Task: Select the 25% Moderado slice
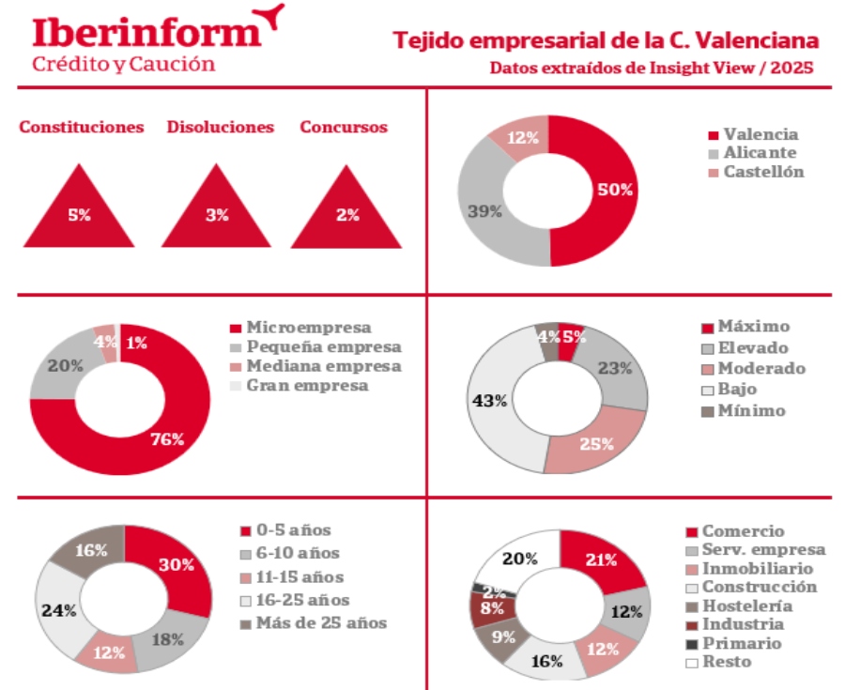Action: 595,443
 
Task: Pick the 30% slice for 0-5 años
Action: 177,565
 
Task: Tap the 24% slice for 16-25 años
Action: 59,609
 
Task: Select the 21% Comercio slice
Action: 602,560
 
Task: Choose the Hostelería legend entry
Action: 747,606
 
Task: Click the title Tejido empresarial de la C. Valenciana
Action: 605,41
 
